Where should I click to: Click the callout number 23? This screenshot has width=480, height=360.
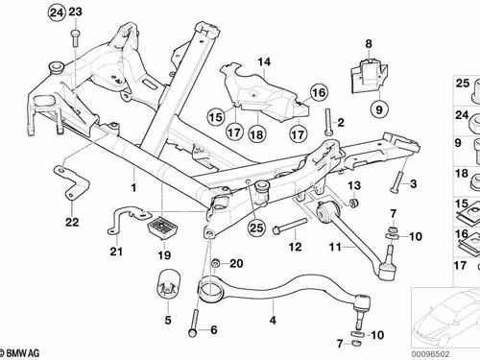coord(75,12)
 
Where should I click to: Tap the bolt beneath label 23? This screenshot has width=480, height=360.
coord(76,38)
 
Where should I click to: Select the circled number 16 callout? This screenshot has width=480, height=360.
coord(319,93)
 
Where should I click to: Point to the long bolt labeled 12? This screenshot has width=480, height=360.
coord(289,226)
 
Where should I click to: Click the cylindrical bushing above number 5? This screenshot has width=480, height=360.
coord(168,286)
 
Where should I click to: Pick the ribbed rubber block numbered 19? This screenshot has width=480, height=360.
coord(162,228)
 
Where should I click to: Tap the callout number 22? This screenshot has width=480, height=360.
coord(72,222)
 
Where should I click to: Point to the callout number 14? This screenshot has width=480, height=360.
coord(264,61)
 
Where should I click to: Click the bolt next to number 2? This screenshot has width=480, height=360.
coord(328,122)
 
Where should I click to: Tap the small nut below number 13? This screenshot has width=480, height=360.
coord(354,203)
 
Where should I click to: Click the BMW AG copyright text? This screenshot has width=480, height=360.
coord(20,353)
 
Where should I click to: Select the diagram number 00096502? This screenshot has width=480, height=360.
coord(430,354)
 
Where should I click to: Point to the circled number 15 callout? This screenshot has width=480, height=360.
coord(216,117)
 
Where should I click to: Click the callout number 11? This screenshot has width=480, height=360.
coord(335,247)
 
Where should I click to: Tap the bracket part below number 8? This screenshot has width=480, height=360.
coord(371,76)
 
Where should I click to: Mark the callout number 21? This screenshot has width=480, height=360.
coord(116,252)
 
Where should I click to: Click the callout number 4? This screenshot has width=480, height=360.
coord(273,320)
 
